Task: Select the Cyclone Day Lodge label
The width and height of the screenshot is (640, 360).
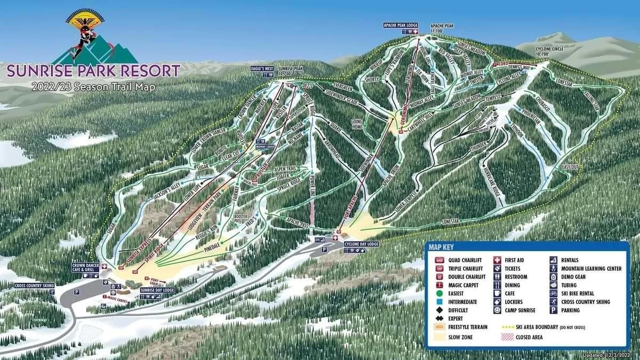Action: coord(361,244)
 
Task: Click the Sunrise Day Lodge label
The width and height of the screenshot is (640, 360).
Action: coord(157,290)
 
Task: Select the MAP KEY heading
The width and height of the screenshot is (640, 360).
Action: coord(441,247)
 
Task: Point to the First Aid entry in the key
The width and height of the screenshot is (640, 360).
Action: coord(515,260)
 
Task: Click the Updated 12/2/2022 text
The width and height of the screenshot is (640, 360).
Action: coord(610,355)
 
